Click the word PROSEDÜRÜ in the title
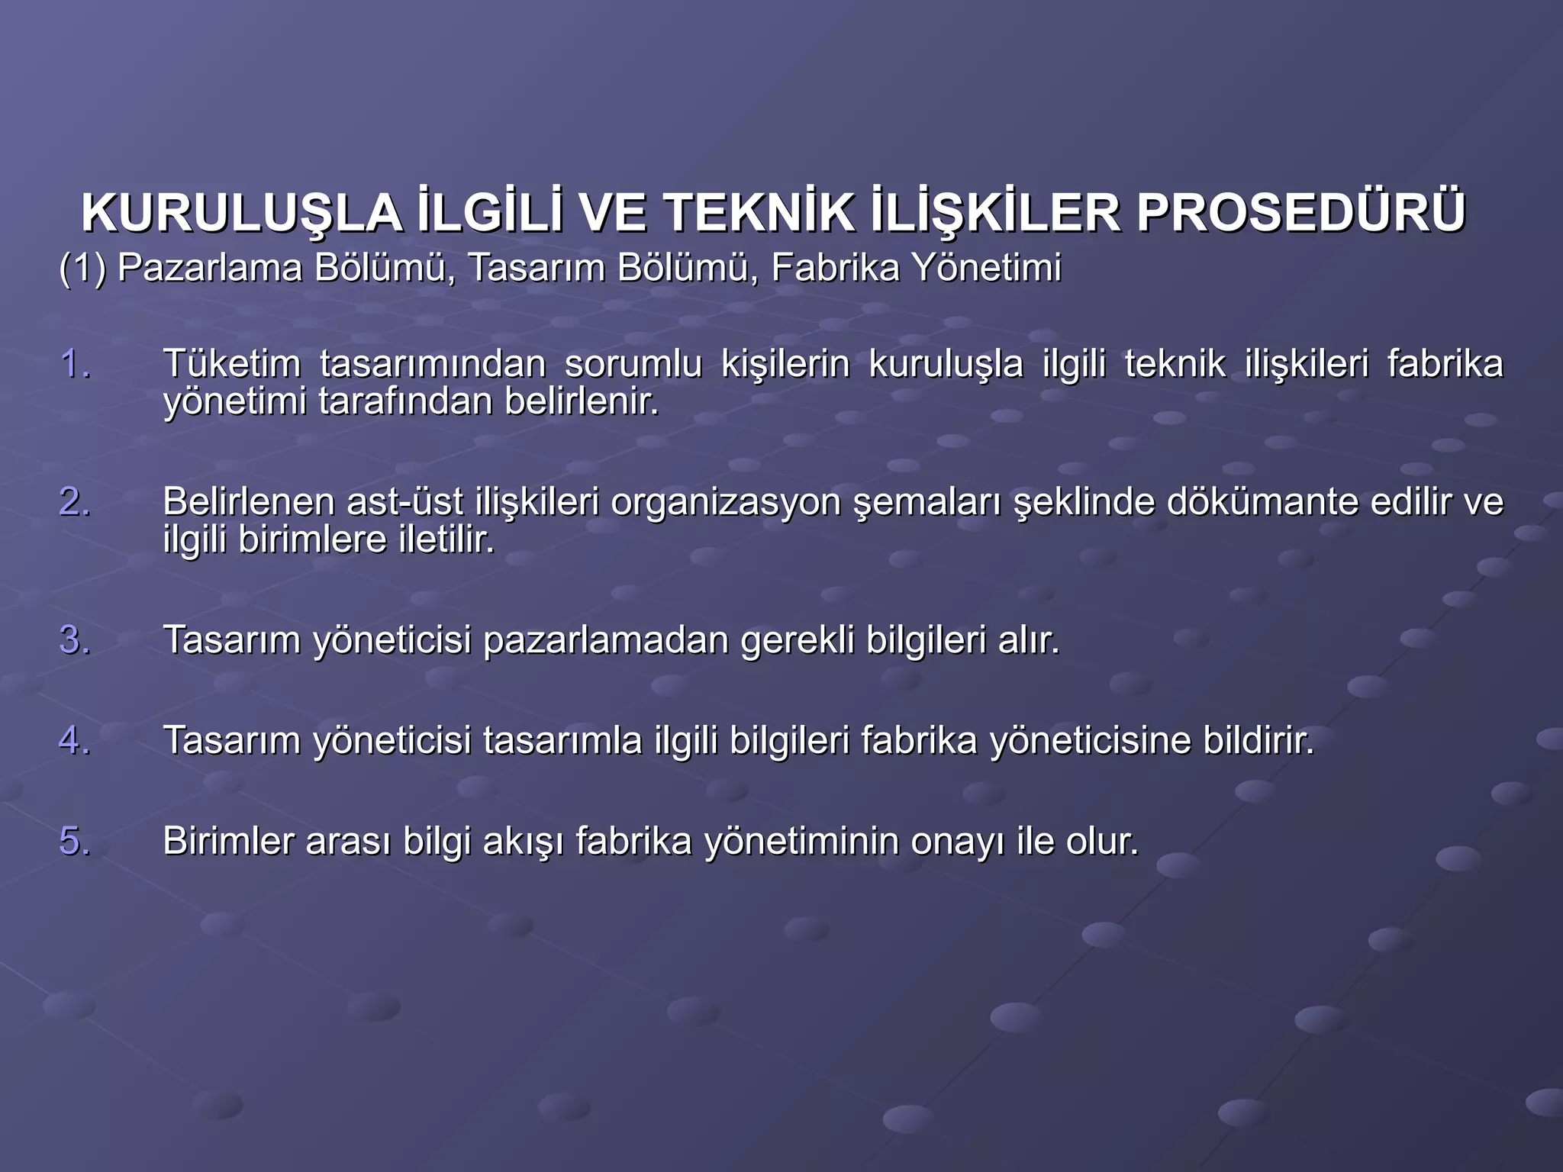(x=1300, y=214)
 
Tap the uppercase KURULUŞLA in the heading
(x=242, y=214)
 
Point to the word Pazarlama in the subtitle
(x=210, y=268)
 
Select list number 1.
(x=75, y=363)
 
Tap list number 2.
(x=75, y=502)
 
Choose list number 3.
(x=75, y=639)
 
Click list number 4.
(x=75, y=740)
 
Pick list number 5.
(x=75, y=841)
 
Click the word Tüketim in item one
(x=232, y=363)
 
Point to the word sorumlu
(x=633, y=363)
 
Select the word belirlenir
(x=582, y=401)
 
